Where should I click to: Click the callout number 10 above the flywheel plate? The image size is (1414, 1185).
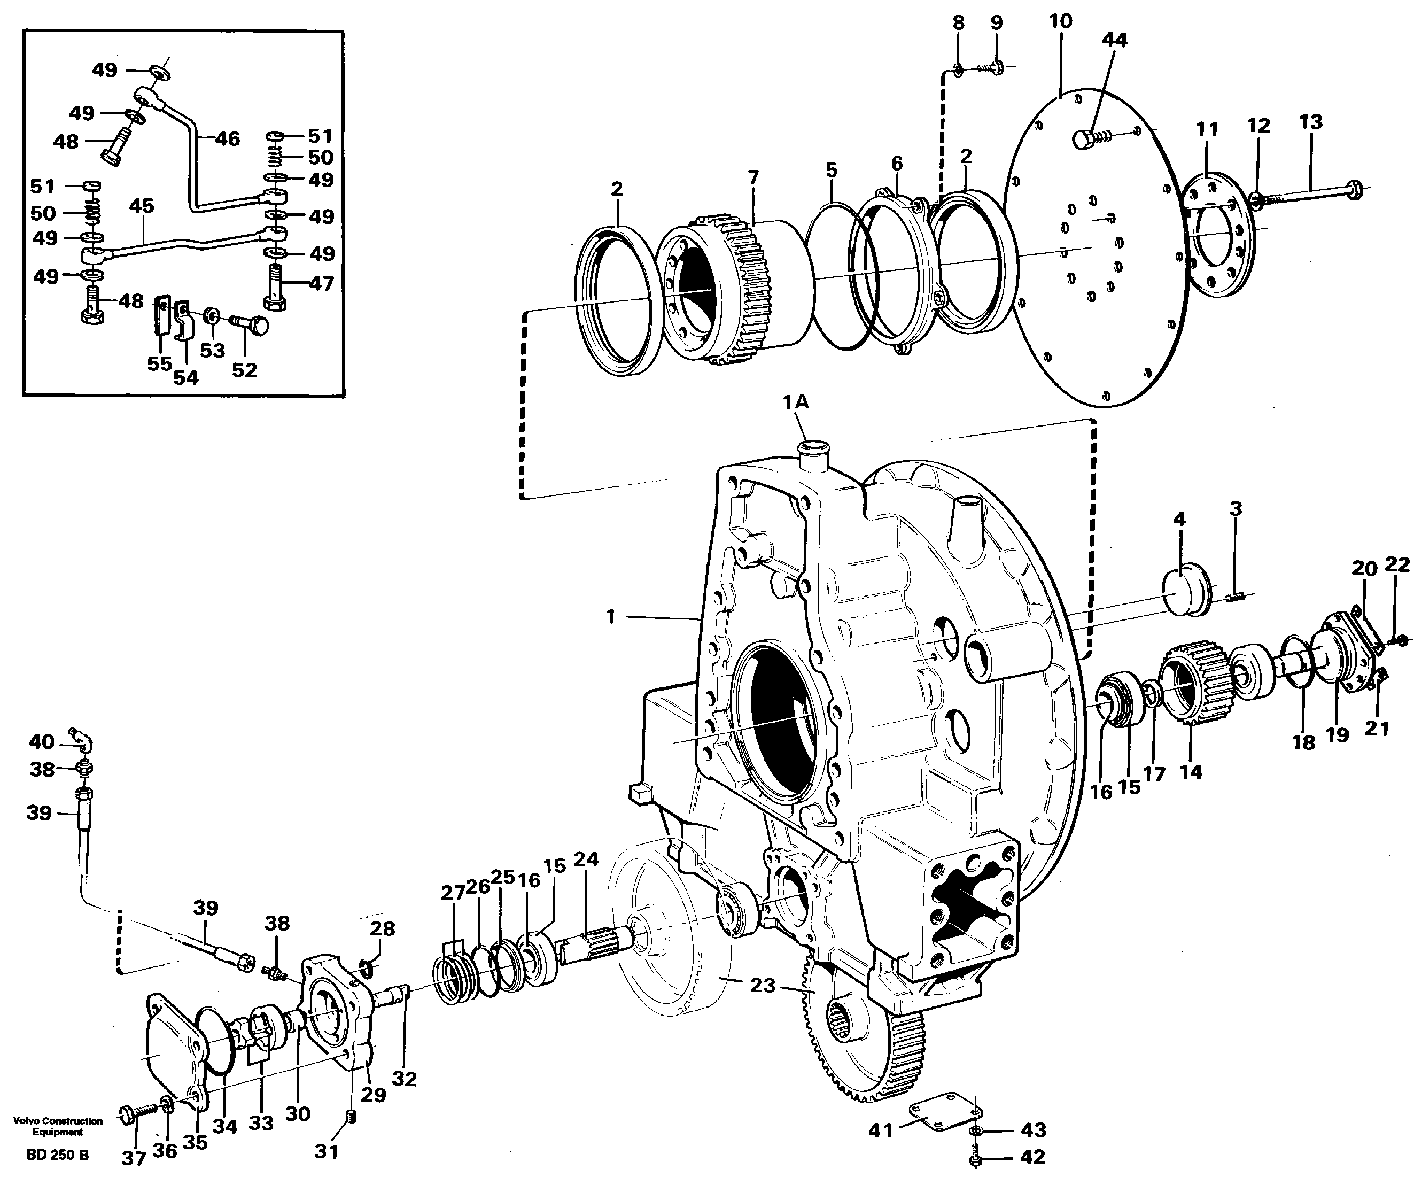[x=1060, y=21]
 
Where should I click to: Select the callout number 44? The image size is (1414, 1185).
[x=1114, y=41]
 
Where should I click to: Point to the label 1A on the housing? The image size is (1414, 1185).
[x=795, y=402]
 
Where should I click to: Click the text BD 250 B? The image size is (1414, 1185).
[x=57, y=1156]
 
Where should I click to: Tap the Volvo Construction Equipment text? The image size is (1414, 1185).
[x=58, y=1126]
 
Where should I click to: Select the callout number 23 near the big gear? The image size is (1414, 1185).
[x=763, y=985]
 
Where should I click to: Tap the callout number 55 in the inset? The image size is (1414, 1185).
[x=160, y=364]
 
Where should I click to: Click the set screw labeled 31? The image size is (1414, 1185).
[x=351, y=1118]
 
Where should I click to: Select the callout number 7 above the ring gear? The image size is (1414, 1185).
[x=753, y=177]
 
